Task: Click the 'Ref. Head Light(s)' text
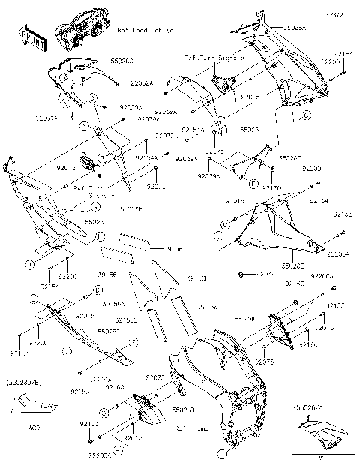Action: (147, 31)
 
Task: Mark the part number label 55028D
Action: (109, 331)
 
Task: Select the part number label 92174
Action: (267, 275)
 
